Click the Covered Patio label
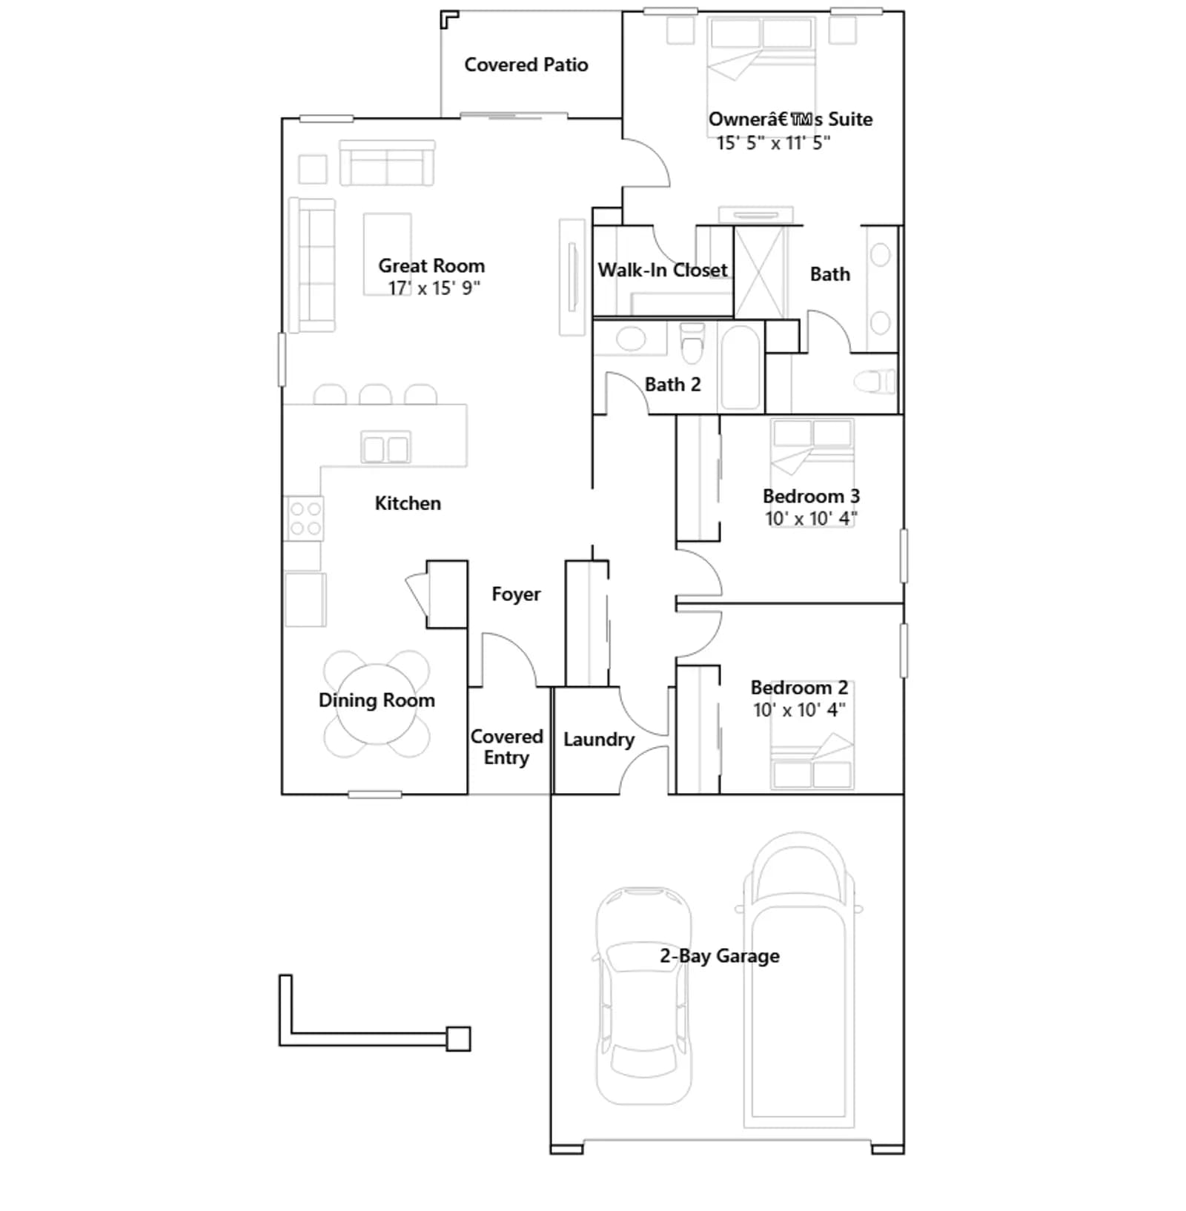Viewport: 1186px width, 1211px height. pos(526,65)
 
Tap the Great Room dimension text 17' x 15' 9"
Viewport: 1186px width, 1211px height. pos(434,288)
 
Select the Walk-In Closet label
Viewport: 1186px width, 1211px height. pos(663,270)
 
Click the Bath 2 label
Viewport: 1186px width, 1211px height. pos(672,384)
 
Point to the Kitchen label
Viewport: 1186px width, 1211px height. pos(408,503)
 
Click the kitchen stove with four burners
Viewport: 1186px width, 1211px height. pos(305,518)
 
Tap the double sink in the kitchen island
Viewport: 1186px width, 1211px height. pos(385,448)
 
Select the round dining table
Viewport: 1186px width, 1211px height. pos(377,704)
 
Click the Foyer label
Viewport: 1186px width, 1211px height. pos(516,594)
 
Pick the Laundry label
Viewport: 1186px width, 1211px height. pos(599,740)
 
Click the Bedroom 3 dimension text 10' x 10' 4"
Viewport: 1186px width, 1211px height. pos(811,518)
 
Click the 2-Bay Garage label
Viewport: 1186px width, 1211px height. pos(720,956)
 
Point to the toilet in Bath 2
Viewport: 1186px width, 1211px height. pos(692,343)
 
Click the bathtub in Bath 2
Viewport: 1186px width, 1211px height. pos(741,366)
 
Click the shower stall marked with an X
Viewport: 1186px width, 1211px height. pos(759,272)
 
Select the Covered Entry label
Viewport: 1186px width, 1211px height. pos(507,747)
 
